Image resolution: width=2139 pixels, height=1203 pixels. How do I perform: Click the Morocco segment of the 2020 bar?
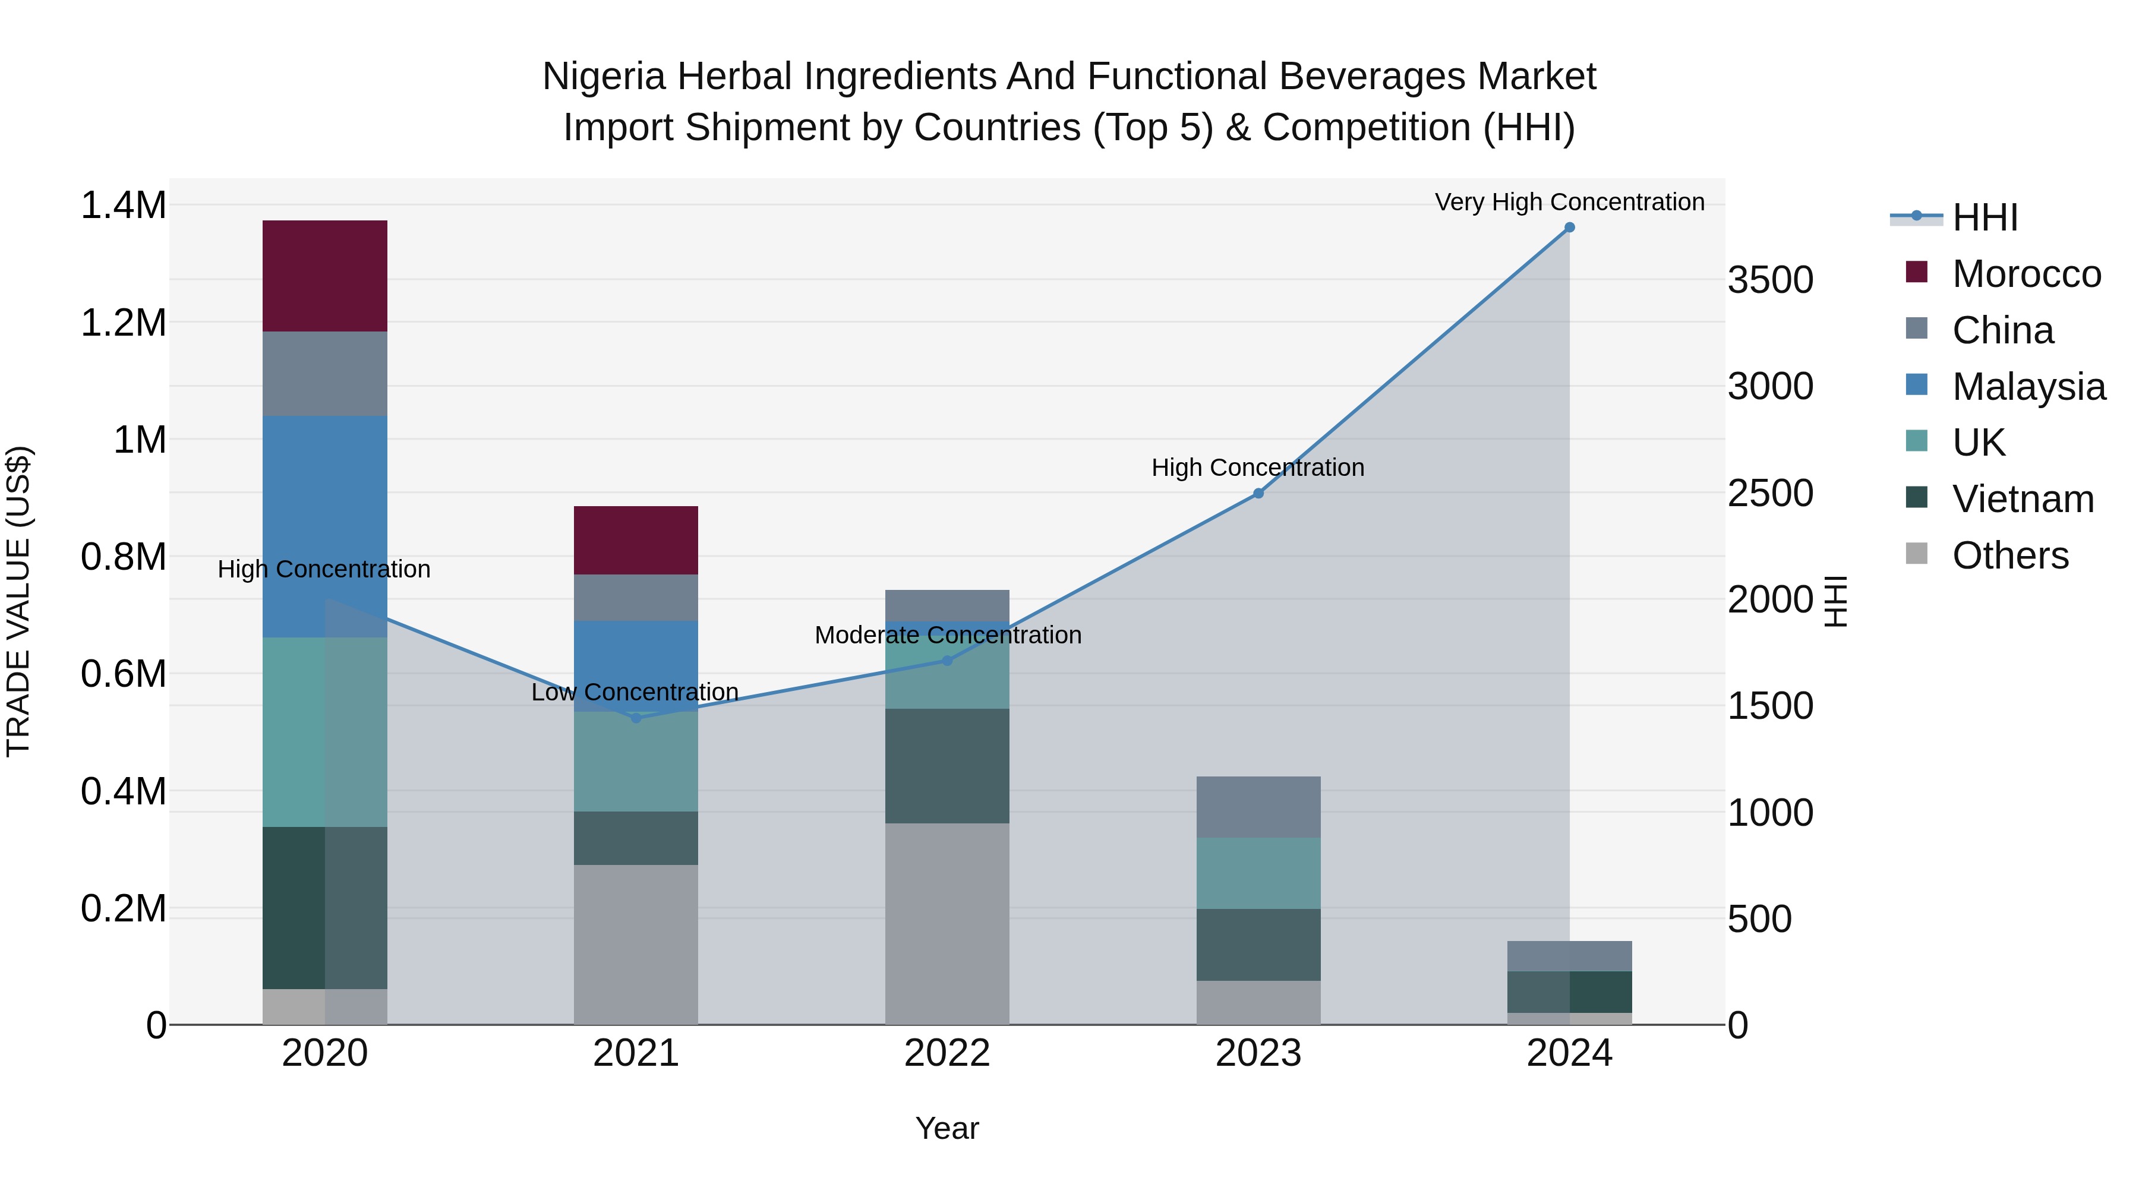324,276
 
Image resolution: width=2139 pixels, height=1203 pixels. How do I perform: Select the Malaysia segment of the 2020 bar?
324,526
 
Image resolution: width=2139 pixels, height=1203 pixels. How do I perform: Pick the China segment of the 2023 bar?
1258,807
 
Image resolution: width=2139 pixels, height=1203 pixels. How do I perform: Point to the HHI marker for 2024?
1569,228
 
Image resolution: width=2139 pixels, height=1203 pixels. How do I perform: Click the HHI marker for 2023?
1258,493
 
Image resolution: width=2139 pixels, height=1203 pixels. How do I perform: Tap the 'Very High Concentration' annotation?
1569,202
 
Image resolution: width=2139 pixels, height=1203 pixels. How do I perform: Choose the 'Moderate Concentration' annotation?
948,635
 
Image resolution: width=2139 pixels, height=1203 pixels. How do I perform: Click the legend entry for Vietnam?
2022,499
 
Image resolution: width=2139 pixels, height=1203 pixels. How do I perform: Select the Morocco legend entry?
2026,274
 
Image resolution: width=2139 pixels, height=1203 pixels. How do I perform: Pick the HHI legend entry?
1985,217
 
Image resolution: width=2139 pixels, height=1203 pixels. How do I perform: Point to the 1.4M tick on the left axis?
124,205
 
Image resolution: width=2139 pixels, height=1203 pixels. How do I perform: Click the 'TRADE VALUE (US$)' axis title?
18,601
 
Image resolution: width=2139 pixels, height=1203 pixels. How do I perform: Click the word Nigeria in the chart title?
604,77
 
